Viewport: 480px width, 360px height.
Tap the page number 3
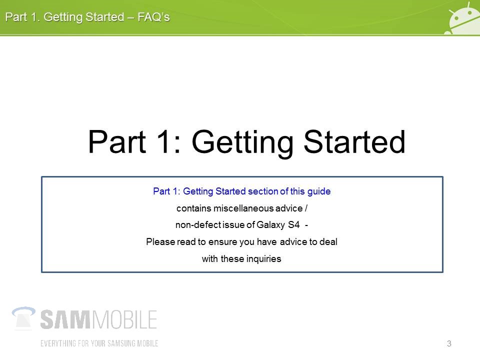coord(449,343)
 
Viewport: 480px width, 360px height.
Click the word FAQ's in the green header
coord(153,17)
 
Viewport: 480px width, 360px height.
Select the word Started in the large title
coord(354,141)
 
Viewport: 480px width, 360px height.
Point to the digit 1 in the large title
coord(162,141)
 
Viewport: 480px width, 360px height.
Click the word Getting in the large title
coord(242,143)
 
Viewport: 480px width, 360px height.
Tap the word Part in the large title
coord(116,141)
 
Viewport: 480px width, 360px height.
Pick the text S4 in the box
coord(294,224)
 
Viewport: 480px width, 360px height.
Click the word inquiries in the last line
coord(263,259)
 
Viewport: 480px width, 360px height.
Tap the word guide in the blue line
coord(319,191)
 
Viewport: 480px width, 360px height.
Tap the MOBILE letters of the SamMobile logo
coord(124,319)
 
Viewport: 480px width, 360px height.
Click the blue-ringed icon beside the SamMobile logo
coord(23,318)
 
